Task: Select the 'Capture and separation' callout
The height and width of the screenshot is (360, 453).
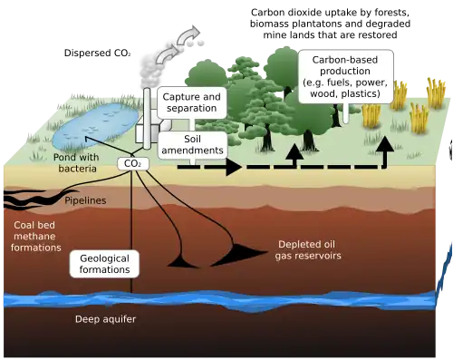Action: point(191,102)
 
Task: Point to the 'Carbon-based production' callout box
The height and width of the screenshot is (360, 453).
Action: point(346,76)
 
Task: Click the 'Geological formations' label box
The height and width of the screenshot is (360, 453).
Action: point(105,264)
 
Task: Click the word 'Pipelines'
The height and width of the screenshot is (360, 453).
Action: point(86,199)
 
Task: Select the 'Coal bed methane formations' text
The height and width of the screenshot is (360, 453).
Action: point(36,235)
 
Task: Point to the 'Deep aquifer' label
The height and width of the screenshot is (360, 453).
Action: point(101,320)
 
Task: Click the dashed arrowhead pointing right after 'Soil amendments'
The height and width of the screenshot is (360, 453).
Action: point(233,167)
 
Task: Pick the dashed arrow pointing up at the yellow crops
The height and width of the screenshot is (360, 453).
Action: point(386,145)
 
